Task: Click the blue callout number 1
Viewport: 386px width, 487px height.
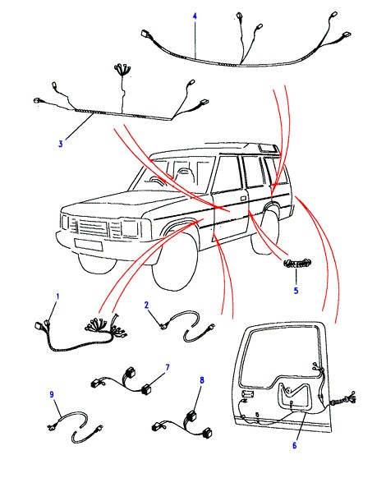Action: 57,296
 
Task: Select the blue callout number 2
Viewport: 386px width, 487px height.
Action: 146,305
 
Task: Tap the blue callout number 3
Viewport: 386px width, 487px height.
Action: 61,144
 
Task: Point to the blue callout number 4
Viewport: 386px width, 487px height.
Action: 195,16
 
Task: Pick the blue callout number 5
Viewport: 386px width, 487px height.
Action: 296,291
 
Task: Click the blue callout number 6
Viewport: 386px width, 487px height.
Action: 294,445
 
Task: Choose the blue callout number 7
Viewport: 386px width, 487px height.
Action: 168,367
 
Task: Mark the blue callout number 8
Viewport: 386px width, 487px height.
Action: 202,379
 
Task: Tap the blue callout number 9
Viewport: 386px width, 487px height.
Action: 52,394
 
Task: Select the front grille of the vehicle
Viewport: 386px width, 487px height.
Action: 92,228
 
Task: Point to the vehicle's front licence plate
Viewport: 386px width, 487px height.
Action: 89,245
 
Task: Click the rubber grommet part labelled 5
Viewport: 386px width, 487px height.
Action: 297,264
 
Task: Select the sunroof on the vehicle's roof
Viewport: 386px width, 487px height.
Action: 268,148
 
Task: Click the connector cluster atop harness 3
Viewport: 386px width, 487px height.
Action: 122,67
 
